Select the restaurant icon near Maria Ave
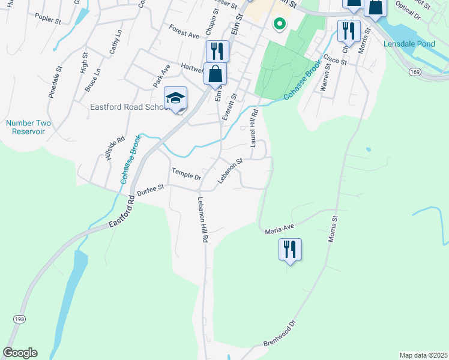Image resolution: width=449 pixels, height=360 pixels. point(290,249)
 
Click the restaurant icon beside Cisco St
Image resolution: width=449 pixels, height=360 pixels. point(348,31)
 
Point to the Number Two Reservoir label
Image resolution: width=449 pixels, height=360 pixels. point(29,127)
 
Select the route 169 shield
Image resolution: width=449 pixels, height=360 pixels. point(415,71)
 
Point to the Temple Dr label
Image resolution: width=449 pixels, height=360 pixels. point(186,175)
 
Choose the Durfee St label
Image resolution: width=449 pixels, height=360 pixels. point(150,190)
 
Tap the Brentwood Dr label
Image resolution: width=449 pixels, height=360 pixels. point(280,334)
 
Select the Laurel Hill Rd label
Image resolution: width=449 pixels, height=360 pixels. point(255,128)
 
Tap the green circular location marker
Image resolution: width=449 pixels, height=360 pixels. point(279,24)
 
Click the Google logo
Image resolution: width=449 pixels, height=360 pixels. point(20,353)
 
